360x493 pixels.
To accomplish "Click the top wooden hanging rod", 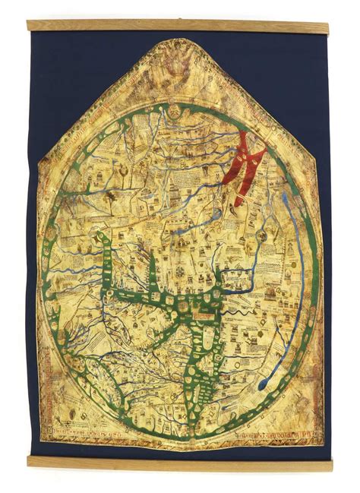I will (180, 25).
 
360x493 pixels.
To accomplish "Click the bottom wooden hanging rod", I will (180, 463).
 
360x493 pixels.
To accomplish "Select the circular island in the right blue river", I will (262, 237).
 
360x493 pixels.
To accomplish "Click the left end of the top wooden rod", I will (30, 25).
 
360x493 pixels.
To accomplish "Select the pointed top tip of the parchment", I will (179, 42).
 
